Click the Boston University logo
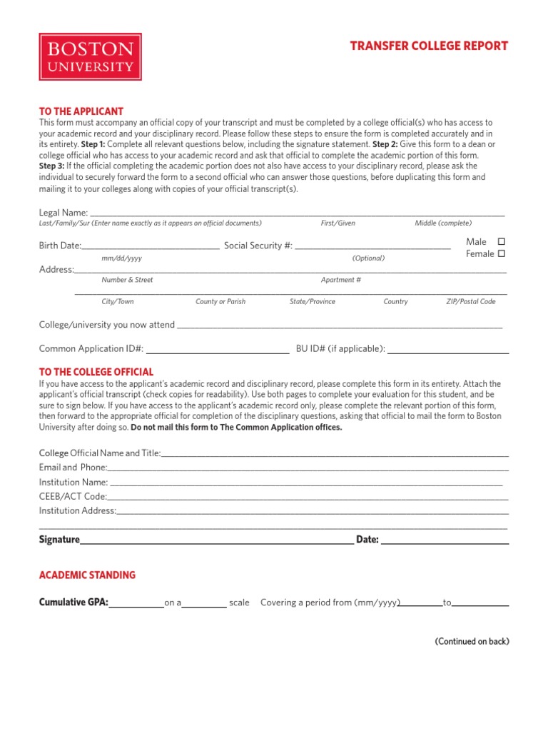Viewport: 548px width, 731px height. [x=90, y=56]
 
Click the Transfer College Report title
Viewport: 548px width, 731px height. [x=429, y=46]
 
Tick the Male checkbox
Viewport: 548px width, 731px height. [x=501, y=242]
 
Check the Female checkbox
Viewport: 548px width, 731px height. [x=501, y=253]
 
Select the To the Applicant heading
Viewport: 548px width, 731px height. [x=81, y=111]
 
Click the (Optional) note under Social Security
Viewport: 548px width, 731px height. [x=368, y=258]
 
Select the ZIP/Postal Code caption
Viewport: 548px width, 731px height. [x=470, y=302]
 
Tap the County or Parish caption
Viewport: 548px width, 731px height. [x=220, y=302]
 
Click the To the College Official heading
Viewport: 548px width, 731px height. [x=96, y=372]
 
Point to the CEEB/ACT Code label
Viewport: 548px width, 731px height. [x=73, y=496]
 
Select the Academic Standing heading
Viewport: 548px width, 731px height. [x=87, y=575]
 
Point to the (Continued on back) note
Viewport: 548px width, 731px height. [x=472, y=641]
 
